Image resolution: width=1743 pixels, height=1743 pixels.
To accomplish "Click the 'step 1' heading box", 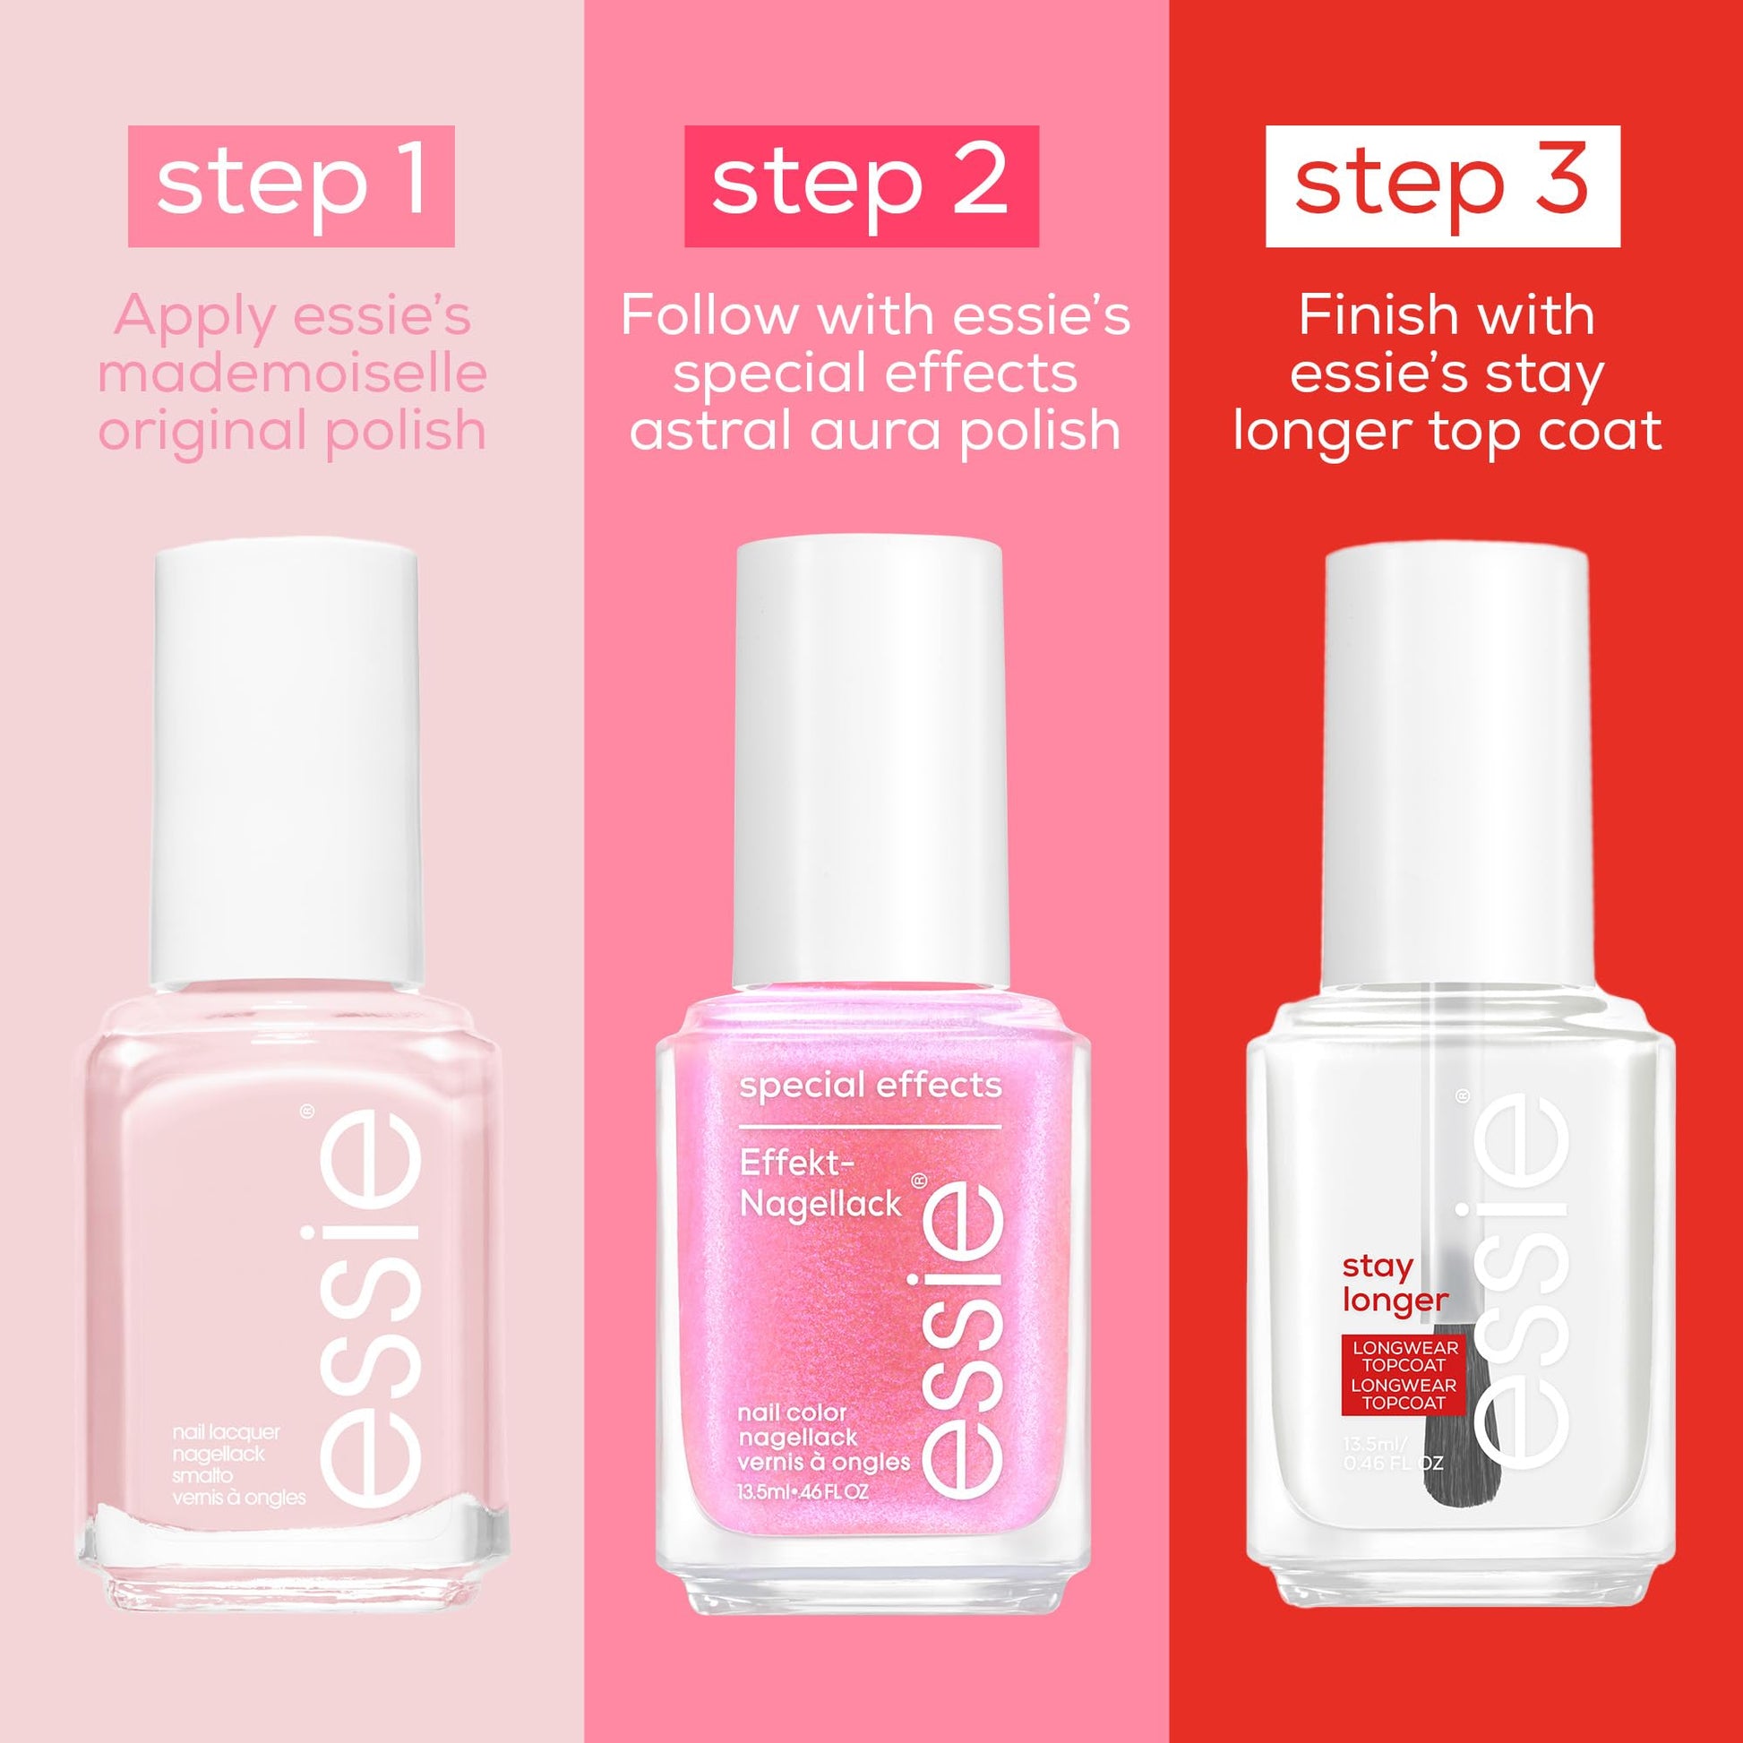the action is coord(290,185).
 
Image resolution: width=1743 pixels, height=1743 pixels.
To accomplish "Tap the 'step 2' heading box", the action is coord(861,185).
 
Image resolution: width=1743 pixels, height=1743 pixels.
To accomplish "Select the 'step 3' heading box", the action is coord(1443,185).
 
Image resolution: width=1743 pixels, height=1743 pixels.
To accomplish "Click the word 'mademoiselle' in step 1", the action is coord(291,374).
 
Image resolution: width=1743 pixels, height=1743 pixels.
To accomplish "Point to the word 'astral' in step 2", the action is coord(711,430).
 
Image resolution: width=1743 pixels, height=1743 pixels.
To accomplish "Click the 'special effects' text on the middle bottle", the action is coord(871,1086).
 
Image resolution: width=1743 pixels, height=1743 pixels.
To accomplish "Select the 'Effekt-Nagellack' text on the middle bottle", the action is coord(820,1185).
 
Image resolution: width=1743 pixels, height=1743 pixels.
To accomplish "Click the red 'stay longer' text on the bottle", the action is coord(1395,1283).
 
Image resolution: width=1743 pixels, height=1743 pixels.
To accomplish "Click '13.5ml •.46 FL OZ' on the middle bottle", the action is coord(803,1491).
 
